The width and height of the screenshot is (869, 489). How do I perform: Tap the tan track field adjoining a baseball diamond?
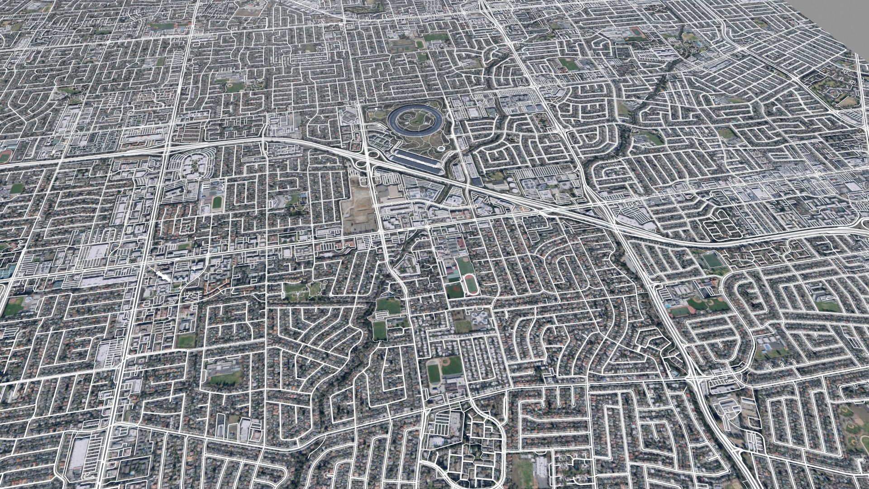[434, 371]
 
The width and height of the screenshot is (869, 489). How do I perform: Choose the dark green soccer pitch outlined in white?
[711, 260]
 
